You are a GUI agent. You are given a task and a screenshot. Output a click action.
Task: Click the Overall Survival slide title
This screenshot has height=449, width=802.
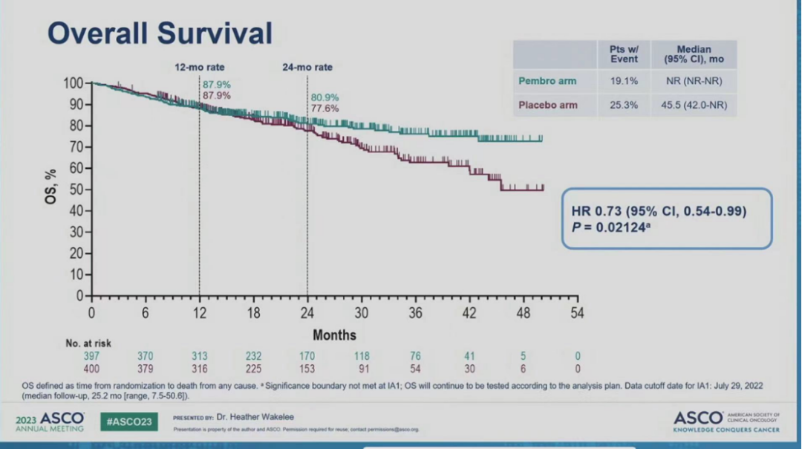pos(160,33)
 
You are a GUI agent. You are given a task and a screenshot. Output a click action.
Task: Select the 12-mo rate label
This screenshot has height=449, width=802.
pos(198,67)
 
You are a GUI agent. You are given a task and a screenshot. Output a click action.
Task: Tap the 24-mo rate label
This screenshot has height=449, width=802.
pos(307,67)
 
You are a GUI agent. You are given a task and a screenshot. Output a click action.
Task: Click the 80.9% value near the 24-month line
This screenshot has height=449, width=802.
pos(325,97)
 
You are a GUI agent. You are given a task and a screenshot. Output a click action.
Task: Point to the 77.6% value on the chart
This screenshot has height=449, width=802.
pos(325,109)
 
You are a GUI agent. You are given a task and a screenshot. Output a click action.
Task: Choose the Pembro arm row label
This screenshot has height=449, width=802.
pos(547,81)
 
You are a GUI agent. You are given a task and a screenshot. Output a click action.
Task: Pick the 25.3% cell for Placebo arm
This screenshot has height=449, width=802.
pos(624,106)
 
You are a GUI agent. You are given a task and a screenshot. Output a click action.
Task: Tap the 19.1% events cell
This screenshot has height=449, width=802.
pos(624,81)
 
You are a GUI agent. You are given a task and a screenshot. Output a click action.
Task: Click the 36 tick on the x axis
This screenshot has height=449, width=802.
pos(415,313)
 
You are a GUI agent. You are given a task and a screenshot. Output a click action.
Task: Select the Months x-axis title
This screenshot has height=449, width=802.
pos(334,335)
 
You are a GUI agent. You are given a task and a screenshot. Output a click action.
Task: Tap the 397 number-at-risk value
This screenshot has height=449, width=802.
pos(91,357)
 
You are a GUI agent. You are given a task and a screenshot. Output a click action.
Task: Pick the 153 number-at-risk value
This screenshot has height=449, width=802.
pos(307,369)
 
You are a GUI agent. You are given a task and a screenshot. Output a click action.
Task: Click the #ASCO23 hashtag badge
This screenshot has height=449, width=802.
pos(129,421)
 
